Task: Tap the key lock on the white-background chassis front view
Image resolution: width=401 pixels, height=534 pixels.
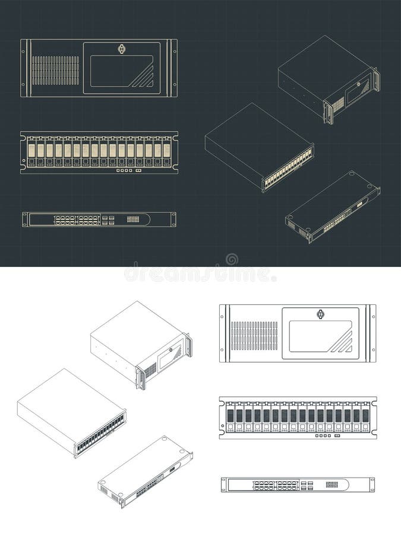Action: click(x=322, y=314)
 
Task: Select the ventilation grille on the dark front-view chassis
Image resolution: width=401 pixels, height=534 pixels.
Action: click(x=55, y=70)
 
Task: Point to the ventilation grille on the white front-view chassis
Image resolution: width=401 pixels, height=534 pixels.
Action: click(x=254, y=335)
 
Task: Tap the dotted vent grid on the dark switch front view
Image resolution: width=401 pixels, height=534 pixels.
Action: click(x=134, y=220)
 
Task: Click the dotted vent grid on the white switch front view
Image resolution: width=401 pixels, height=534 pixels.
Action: click(x=333, y=485)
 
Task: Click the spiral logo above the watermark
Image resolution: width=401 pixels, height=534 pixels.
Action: click(x=232, y=259)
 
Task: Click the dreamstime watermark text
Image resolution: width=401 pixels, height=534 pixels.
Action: click(x=200, y=275)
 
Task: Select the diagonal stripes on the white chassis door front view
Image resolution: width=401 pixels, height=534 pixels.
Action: click(x=342, y=343)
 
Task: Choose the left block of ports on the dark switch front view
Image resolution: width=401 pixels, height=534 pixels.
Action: click(x=65, y=220)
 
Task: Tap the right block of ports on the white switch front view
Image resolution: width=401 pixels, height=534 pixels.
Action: click(x=288, y=485)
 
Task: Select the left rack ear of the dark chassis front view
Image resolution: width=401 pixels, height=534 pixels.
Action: click(x=24, y=68)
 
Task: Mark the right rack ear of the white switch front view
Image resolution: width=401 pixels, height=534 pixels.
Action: click(x=372, y=485)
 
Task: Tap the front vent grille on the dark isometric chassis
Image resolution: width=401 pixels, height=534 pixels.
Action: click(x=337, y=105)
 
